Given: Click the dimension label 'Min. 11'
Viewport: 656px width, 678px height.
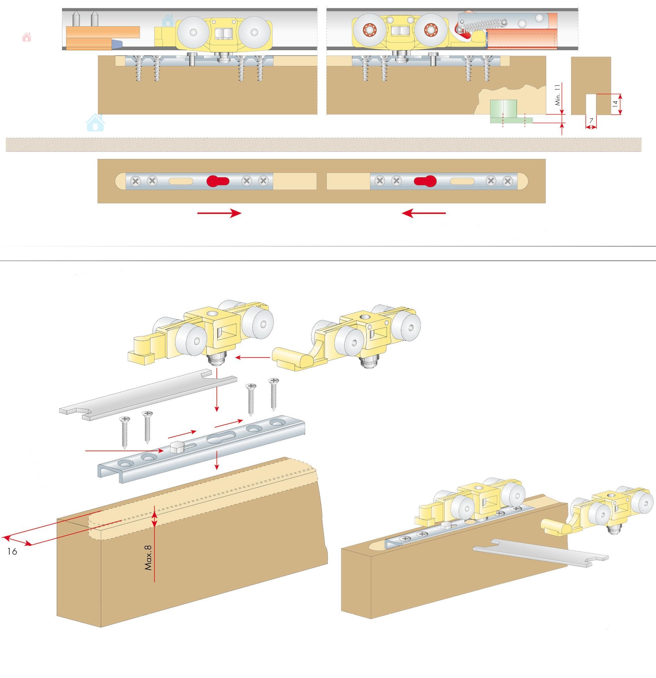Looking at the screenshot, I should (x=557, y=95).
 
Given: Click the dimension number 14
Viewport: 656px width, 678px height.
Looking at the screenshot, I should (x=615, y=103).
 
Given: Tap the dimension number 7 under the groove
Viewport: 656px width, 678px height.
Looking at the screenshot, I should (x=591, y=121).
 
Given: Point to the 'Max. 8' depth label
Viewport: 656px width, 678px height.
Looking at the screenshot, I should (x=148, y=557).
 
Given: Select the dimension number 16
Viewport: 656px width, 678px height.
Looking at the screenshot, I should (x=12, y=552).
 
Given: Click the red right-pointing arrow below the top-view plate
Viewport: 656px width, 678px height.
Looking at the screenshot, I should (x=219, y=213).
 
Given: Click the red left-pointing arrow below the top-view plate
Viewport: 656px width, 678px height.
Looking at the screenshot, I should (x=424, y=213).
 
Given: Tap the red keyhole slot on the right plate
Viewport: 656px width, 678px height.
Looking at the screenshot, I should (x=425, y=181).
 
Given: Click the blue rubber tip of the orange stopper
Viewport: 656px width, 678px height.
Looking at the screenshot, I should (x=117, y=44).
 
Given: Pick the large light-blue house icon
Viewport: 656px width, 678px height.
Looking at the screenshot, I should (x=95, y=123).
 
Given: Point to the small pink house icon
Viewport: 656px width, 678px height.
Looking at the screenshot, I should (x=27, y=37).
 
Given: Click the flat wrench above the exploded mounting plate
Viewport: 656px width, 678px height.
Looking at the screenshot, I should (x=148, y=395).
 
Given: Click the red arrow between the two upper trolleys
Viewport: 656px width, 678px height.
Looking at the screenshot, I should (x=253, y=357).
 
